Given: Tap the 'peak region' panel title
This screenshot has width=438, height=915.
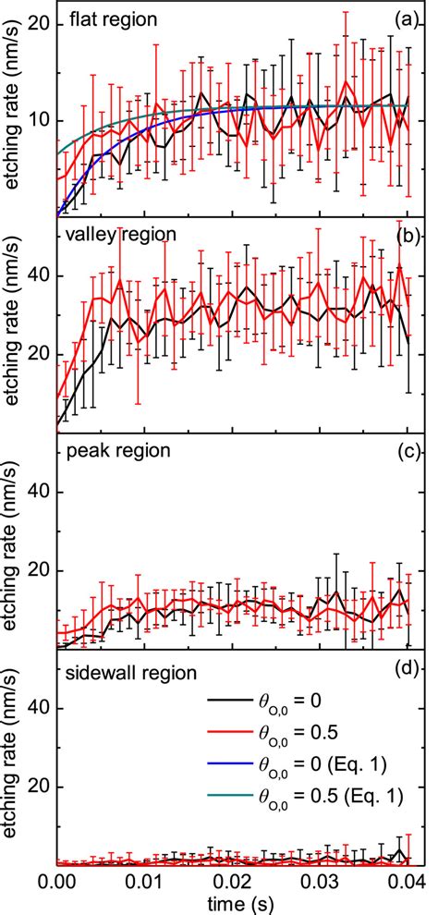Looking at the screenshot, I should point(111,451).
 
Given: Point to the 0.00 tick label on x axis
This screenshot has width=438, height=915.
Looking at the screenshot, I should point(58,883).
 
